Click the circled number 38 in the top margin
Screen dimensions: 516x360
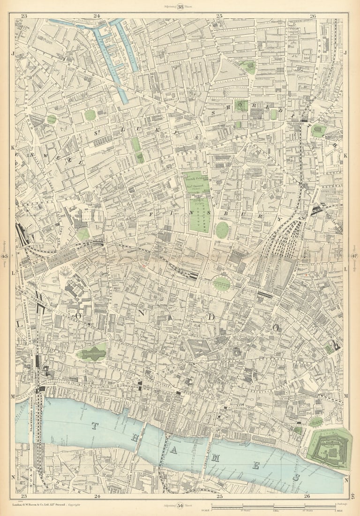[x=180, y=6]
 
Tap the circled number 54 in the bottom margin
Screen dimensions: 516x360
[x=180, y=505]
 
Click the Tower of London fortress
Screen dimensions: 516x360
[x=330, y=448]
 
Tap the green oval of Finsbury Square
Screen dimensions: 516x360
[x=222, y=230]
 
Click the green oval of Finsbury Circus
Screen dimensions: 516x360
[x=222, y=283]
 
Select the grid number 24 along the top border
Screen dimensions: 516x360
[x=97, y=16]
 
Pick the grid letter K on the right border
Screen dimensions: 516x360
[x=345, y=155]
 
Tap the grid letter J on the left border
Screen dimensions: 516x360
[x=13, y=53]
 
